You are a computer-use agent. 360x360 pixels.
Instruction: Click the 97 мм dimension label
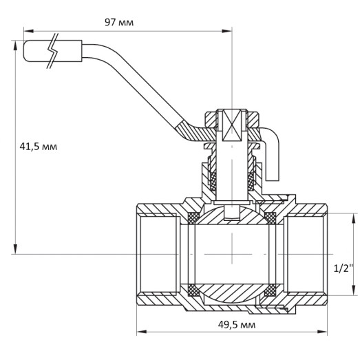tap(119, 22)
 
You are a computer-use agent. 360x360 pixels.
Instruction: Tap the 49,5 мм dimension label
tap(232, 324)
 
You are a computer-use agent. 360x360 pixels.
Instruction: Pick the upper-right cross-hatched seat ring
tap(271, 219)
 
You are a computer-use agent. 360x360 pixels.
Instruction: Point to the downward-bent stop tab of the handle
tap(273, 158)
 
